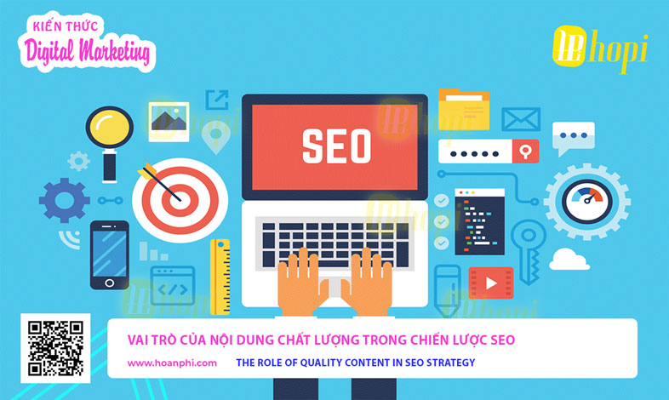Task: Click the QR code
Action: tap(55, 348)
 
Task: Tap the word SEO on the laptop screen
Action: tap(337, 146)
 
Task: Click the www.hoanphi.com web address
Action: tap(172, 363)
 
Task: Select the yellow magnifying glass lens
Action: tap(110, 127)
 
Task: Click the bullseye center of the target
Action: tap(180, 200)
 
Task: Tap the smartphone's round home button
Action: tap(109, 283)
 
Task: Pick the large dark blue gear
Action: tap(65, 200)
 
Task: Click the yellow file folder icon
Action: tap(464, 109)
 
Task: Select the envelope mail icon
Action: tap(521, 119)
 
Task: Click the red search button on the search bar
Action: tap(526, 151)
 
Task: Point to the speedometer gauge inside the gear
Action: tap(587, 202)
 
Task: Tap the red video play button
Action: tap(491, 283)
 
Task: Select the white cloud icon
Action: tap(569, 260)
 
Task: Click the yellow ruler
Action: tap(220, 277)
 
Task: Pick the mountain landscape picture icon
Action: tap(169, 122)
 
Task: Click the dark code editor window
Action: tap(479, 222)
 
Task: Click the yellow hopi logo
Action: tap(600, 49)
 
